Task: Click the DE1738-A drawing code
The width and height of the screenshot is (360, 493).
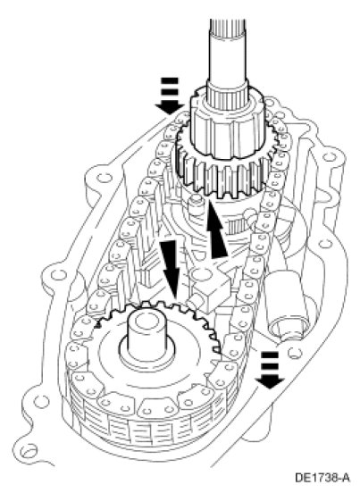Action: pyautogui.click(x=322, y=478)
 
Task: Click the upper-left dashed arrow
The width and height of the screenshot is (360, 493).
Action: pyautogui.click(x=170, y=96)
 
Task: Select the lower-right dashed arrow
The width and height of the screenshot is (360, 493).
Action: pyautogui.click(x=270, y=370)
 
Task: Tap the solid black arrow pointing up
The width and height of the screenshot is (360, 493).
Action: pyautogui.click(x=217, y=230)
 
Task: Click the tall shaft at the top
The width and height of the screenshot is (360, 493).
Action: pyautogui.click(x=226, y=50)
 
